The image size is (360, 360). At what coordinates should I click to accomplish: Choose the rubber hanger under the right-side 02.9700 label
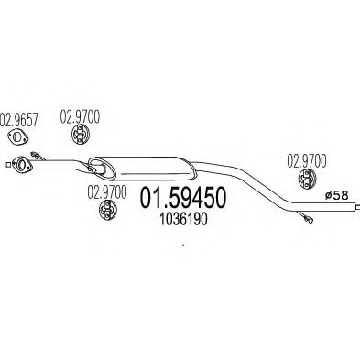309,180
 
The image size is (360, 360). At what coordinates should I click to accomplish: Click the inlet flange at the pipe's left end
19,166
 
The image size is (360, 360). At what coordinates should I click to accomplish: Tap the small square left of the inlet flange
6,165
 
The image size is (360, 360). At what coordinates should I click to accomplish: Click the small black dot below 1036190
183,245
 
